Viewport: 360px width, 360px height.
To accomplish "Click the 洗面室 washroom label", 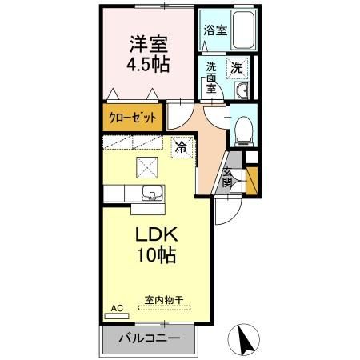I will (x=212, y=78).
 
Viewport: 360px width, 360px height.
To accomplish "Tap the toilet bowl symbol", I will (x=242, y=129).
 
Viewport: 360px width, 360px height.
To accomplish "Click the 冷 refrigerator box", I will (x=182, y=147).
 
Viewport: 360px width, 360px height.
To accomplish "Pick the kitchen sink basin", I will (x=152, y=193).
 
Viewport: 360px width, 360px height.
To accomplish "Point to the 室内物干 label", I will (x=163, y=300).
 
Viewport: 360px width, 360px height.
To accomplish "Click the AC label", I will (x=116, y=307).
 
